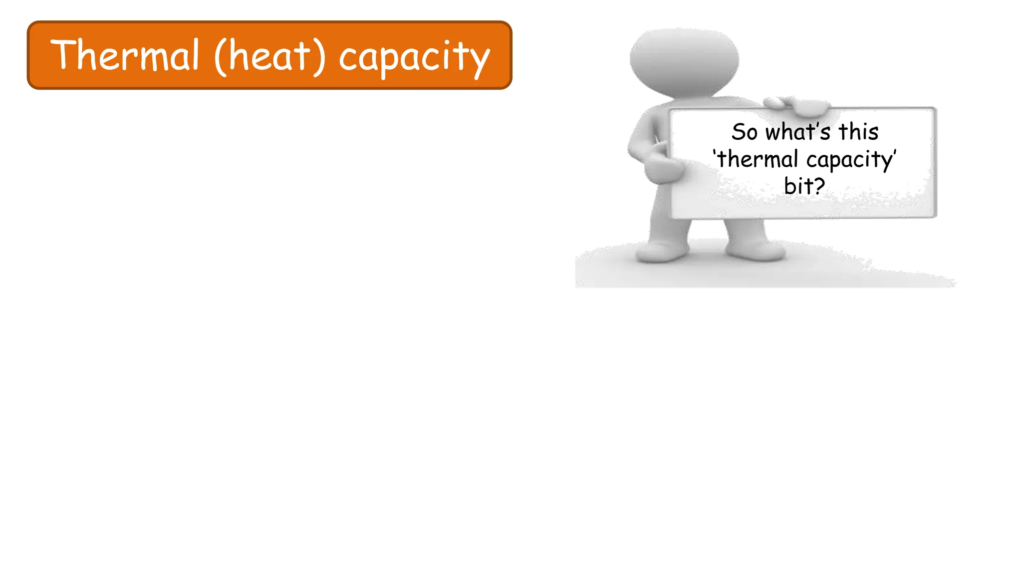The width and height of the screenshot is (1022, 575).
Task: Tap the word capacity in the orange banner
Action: (x=414, y=57)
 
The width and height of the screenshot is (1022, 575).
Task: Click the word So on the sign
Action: (x=745, y=132)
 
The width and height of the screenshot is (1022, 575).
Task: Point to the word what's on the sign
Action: (x=798, y=132)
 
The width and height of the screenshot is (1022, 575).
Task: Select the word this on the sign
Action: (x=858, y=132)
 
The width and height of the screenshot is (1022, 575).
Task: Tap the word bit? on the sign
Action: (x=804, y=186)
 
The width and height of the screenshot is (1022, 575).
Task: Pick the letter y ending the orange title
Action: (x=481, y=62)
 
